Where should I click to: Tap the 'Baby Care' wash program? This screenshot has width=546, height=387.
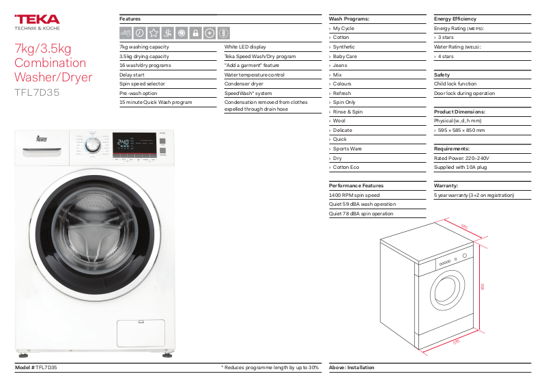tap(345, 56)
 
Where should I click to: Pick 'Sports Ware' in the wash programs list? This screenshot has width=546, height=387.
tap(347, 148)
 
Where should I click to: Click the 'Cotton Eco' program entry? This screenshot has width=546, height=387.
tap(346, 167)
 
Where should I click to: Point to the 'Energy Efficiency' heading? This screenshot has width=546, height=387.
tap(455, 18)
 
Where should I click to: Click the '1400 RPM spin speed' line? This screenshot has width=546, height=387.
tap(354, 195)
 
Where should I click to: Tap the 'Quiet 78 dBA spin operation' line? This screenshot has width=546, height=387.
tap(361, 213)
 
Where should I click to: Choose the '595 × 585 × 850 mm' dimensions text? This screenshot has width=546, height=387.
tap(461, 130)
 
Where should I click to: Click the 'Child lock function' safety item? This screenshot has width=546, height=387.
tap(455, 83)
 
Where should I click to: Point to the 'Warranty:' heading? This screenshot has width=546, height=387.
tap(446, 185)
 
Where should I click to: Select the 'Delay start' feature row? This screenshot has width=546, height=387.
tap(132, 75)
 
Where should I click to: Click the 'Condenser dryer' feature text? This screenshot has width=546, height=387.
tap(244, 83)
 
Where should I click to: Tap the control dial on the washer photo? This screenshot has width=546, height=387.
tap(96, 144)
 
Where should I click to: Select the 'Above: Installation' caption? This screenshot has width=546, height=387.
tap(351, 368)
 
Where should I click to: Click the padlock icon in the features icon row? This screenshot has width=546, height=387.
tap(195, 32)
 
